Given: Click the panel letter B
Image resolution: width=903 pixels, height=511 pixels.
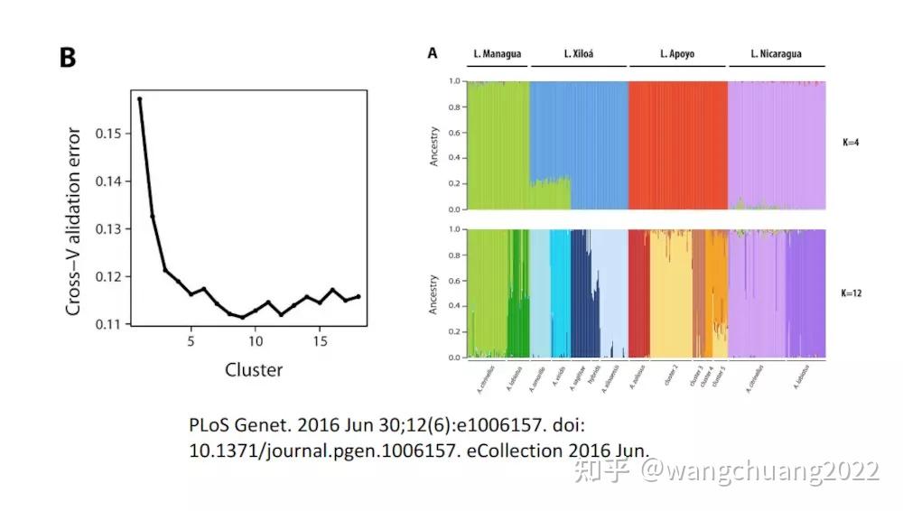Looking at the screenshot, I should pyautogui.click(x=68, y=57).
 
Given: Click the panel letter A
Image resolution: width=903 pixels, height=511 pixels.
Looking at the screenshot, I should pyautogui.click(x=433, y=54).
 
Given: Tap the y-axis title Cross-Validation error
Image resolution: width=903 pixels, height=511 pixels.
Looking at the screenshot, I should pyautogui.click(x=75, y=221).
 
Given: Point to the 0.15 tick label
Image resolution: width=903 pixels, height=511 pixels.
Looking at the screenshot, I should pyautogui.click(x=107, y=134).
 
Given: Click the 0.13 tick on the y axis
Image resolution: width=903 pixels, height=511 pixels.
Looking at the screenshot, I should pyautogui.click(x=107, y=228).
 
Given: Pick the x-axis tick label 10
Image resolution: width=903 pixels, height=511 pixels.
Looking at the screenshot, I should pyautogui.click(x=256, y=341).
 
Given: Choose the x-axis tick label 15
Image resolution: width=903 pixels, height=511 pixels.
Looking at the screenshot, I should pyautogui.click(x=321, y=341).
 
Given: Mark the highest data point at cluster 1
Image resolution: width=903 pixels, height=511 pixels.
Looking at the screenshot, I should pyautogui.click(x=140, y=99).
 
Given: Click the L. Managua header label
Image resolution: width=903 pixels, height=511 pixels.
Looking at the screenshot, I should pyautogui.click(x=496, y=54).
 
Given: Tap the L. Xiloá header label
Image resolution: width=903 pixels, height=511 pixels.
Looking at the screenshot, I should pyautogui.click(x=578, y=54).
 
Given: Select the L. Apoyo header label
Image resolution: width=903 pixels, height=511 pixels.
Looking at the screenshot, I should pyautogui.click(x=676, y=54).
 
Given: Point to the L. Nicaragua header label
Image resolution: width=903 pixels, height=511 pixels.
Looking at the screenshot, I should pyautogui.click(x=776, y=54).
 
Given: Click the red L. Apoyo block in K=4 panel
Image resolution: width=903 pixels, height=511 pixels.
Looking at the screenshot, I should pyautogui.click(x=677, y=144).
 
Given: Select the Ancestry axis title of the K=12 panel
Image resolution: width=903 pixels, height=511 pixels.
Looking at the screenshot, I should pyautogui.click(x=433, y=293).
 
